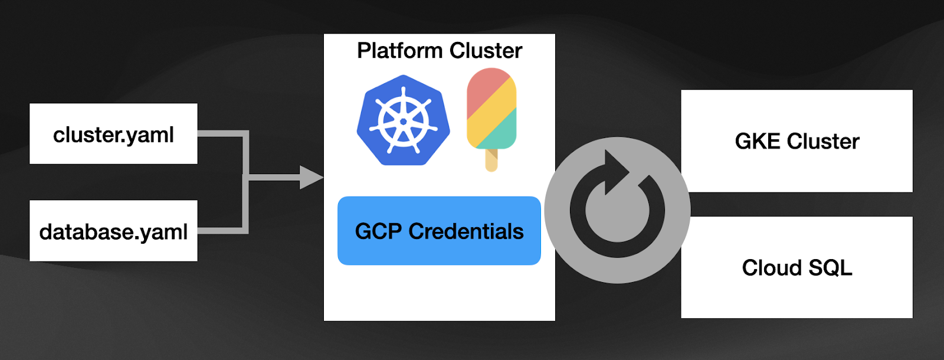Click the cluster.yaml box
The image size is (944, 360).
click(x=113, y=134)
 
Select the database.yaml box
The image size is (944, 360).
click(x=113, y=231)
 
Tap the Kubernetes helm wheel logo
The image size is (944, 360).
click(x=404, y=120)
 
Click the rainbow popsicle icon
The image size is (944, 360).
click(x=491, y=112)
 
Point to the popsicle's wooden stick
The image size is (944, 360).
click(x=491, y=161)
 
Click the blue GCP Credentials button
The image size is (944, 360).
click(x=439, y=231)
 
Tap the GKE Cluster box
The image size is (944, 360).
click(x=796, y=141)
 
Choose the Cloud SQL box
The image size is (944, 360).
click(x=796, y=267)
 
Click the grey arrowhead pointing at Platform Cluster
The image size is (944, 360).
click(x=311, y=177)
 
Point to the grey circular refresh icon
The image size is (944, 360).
click(x=617, y=211)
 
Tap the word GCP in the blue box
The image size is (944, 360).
click(x=378, y=231)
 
